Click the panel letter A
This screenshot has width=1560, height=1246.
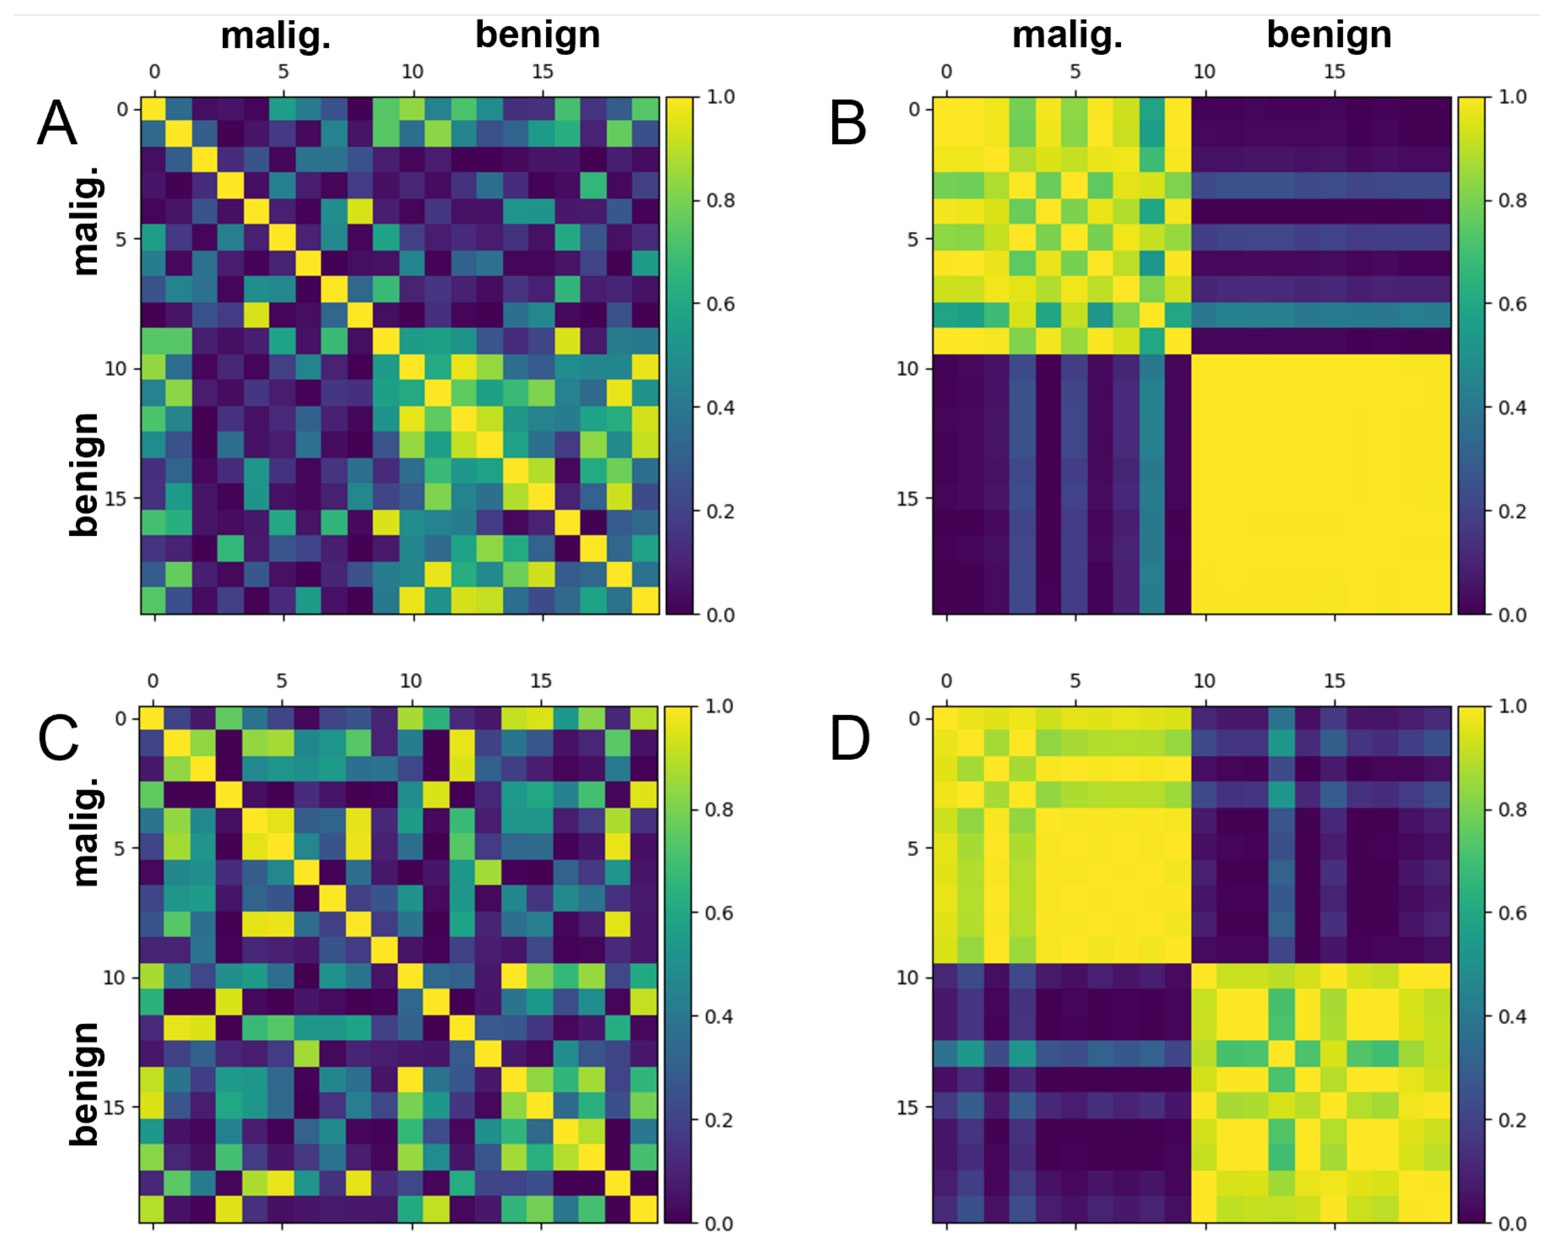(x=56, y=124)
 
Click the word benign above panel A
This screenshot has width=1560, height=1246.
(x=538, y=35)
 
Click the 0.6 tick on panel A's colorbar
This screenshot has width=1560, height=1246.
(x=720, y=304)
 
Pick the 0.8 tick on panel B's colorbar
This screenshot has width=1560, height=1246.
(x=1512, y=200)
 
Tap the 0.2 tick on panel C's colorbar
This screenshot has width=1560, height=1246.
(x=719, y=1120)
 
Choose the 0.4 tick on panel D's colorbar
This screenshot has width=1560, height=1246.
(x=1512, y=1016)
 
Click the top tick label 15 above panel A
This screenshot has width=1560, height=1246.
(x=542, y=72)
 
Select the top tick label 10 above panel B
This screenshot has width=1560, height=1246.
(x=1204, y=72)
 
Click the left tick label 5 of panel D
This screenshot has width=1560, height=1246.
(x=913, y=848)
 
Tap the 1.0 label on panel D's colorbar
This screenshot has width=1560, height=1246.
(x=1512, y=706)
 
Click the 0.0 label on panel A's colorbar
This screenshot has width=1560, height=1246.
(x=720, y=615)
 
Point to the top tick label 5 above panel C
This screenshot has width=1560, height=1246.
(x=281, y=681)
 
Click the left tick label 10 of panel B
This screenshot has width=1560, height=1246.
(x=907, y=369)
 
